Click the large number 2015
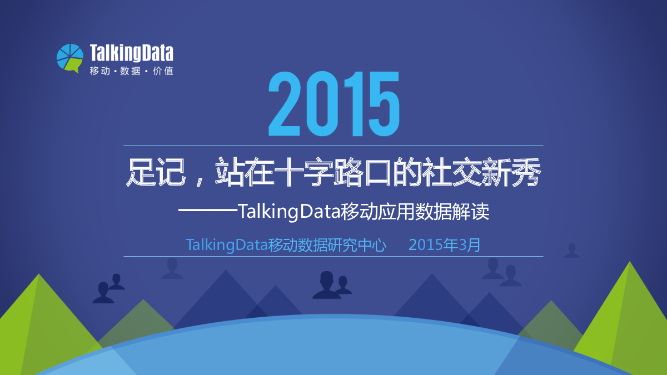point(333,104)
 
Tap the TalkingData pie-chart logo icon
point(70,58)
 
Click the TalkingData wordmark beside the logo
point(131,53)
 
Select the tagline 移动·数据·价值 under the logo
point(131,71)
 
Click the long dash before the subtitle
point(207,212)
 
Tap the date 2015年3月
point(445,245)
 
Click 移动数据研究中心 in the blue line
point(327,245)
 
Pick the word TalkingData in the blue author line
point(227,245)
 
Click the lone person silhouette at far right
point(572,251)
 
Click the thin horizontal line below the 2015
point(333,146)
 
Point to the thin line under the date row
point(333,257)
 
